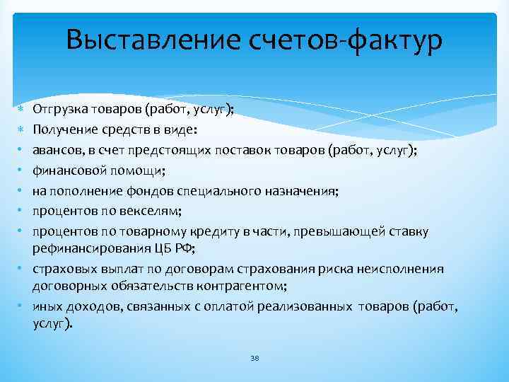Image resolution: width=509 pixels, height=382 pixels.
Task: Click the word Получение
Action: coord(62,130)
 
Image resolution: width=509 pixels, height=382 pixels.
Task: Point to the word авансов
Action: coord(57,150)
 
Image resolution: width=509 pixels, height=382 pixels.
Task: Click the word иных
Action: coord(46,306)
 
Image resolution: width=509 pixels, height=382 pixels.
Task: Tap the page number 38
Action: coord(255,358)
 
